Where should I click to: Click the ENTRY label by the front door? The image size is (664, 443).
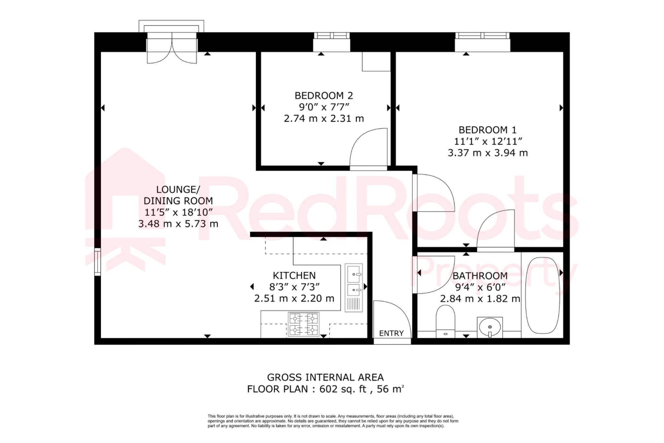[391, 333]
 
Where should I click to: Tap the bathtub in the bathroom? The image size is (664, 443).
[542, 295]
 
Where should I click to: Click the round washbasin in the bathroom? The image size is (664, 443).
[490, 327]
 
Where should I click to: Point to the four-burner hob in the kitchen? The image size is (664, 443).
[304, 324]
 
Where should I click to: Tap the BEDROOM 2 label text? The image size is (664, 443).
[324, 96]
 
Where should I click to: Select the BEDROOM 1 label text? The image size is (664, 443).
[487, 130]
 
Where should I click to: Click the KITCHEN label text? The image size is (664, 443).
[294, 276]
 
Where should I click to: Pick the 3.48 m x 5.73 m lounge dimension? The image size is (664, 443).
[178, 224]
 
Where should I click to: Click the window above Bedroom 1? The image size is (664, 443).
[482, 35]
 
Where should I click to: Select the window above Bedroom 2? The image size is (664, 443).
[332, 35]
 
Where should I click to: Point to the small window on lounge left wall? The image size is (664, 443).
[97, 262]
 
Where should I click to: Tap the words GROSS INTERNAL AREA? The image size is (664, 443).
[325, 377]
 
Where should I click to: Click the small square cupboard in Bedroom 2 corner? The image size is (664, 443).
[376, 61]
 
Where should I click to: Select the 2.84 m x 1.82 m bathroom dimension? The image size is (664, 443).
[480, 299]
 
